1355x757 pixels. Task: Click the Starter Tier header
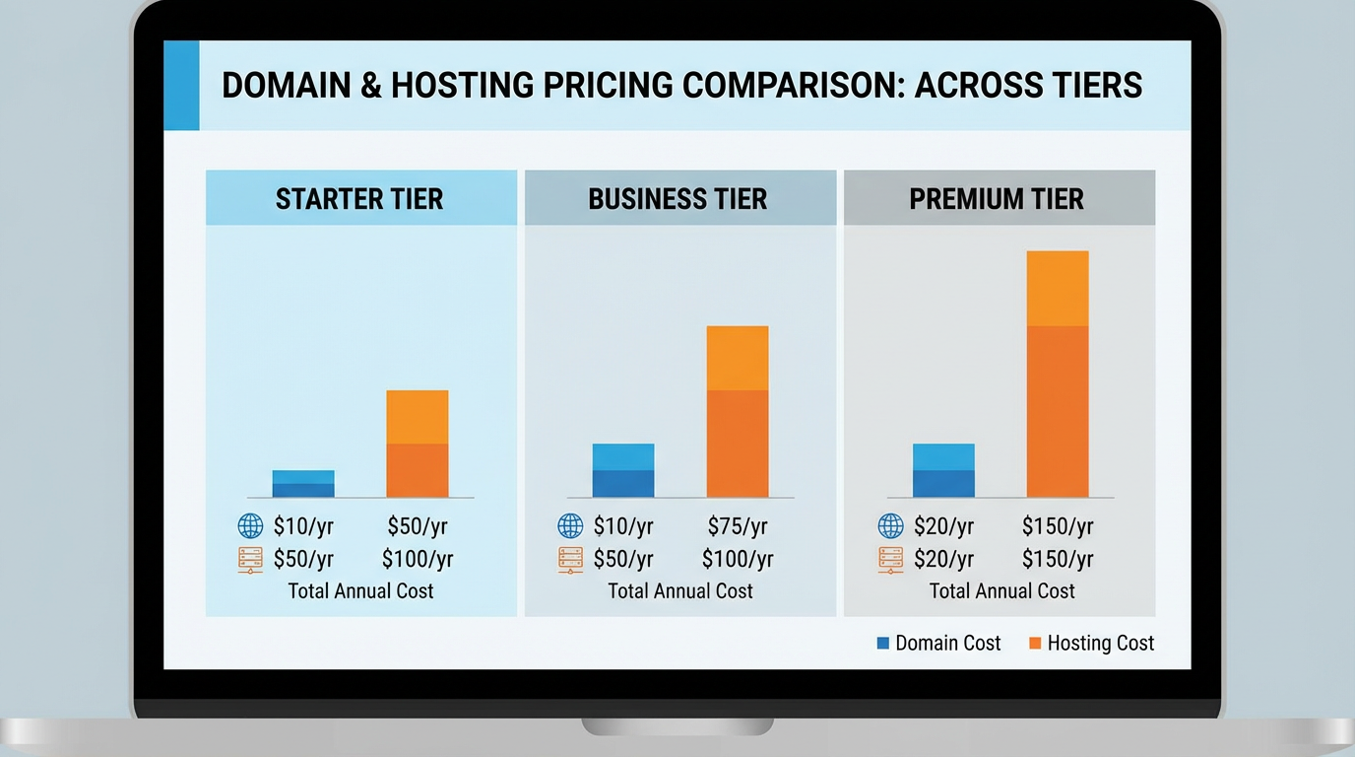[359, 199]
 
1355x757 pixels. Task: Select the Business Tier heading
[677, 199]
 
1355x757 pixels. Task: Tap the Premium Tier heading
[997, 199]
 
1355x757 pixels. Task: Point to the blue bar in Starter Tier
[303, 484]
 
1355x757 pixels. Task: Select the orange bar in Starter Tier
[418, 444]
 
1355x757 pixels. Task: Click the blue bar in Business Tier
[623, 470]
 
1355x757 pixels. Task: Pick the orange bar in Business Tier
[738, 412]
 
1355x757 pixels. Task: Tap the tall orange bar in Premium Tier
[1058, 375]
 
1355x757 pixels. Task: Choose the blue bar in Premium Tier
[943, 470]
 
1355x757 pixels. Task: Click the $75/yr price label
[738, 526]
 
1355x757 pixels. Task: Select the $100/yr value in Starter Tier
[418, 560]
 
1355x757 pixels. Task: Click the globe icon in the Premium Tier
[890, 526]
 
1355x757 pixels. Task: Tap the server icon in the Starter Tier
[250, 560]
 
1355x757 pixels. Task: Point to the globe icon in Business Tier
[570, 526]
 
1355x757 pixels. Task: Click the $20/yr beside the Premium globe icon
[943, 526]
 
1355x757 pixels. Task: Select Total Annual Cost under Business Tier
[679, 591]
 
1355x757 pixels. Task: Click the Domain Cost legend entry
[938, 644]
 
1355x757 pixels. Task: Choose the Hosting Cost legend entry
[1091, 644]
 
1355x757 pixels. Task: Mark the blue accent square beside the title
[181, 86]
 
